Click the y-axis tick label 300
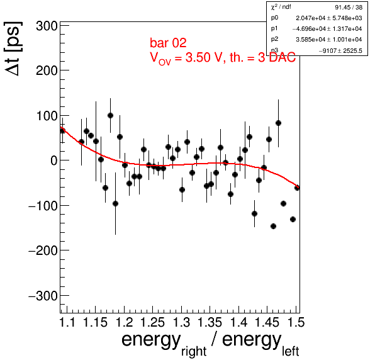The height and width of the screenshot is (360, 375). (47, 26)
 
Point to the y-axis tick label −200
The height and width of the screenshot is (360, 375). (43, 251)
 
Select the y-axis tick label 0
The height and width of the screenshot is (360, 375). (54, 160)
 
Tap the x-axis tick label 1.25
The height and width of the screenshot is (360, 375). (153, 322)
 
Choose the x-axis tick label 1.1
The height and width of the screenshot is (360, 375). (67, 322)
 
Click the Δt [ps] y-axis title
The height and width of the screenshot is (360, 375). (13, 49)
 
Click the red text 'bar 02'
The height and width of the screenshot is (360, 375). (168, 43)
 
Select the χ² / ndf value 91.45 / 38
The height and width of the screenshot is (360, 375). (349, 8)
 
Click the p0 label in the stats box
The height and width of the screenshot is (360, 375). (274, 18)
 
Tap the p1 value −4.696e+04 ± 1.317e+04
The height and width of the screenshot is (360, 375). (327, 29)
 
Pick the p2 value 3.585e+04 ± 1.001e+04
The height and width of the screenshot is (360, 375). (329, 40)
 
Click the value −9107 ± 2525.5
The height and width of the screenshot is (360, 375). (340, 50)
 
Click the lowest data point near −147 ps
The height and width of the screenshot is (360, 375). (273, 227)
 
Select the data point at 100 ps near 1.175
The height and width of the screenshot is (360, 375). (110, 116)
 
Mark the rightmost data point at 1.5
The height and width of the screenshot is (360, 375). (297, 188)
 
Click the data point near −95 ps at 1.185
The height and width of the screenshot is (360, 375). (115, 204)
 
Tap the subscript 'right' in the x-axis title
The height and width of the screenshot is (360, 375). (194, 352)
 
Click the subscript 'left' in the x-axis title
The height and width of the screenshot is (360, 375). (291, 351)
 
